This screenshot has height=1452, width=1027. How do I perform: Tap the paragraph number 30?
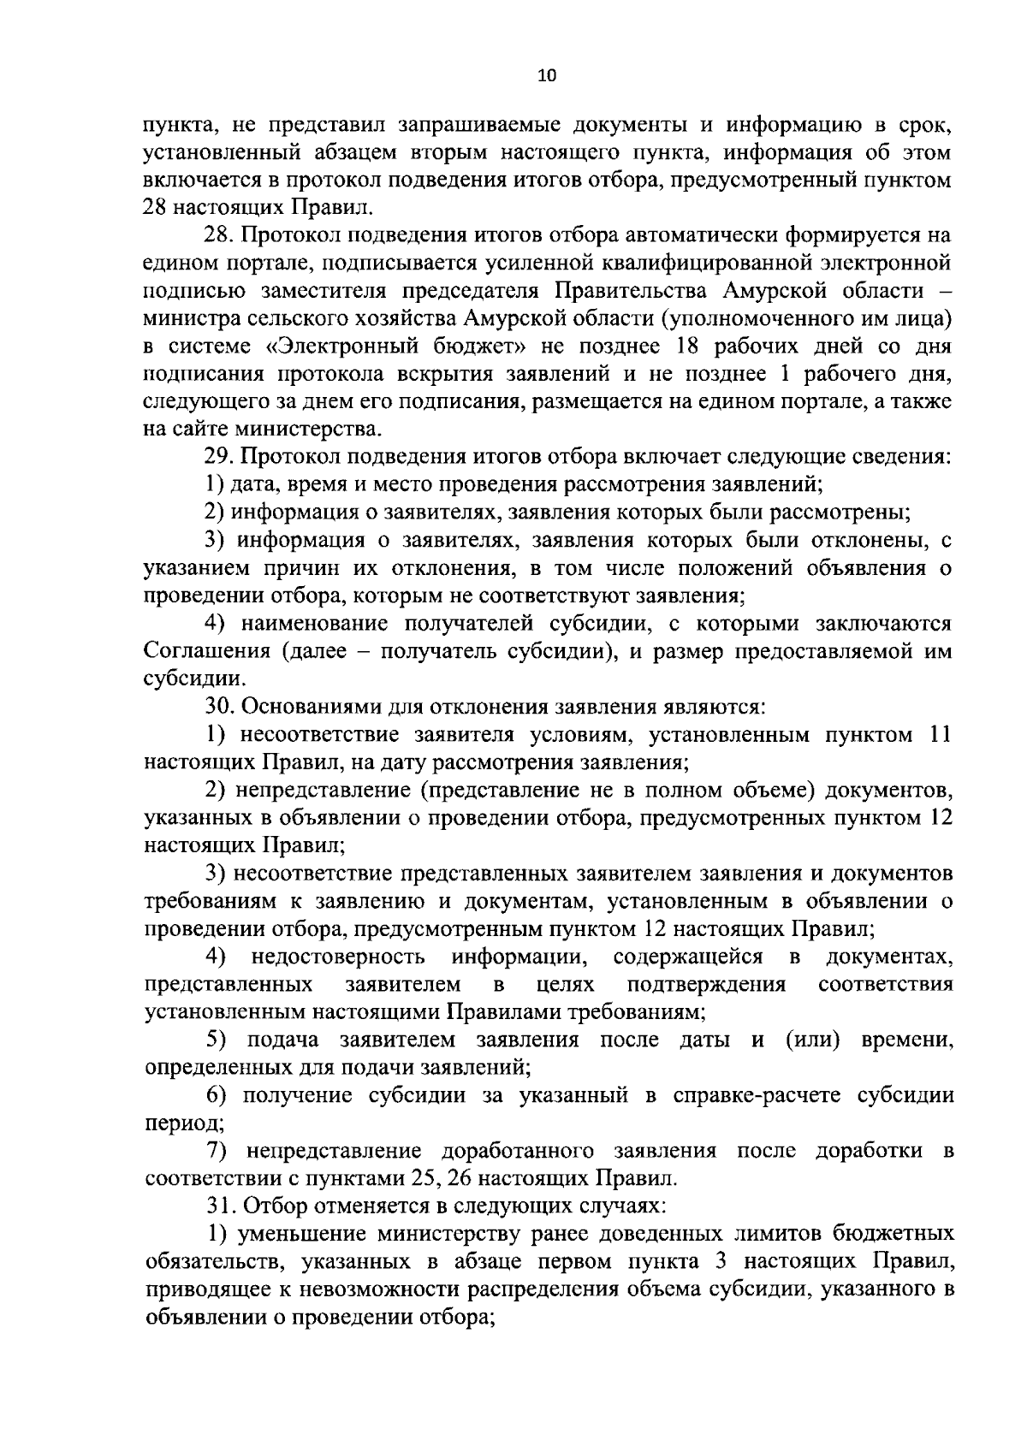pyautogui.click(x=218, y=707)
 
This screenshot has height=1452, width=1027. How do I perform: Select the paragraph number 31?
pyautogui.click(x=218, y=1206)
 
